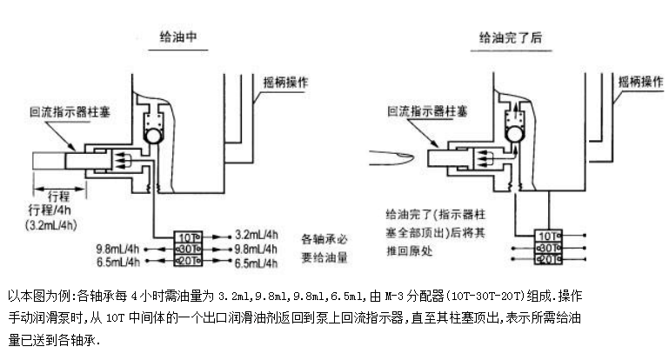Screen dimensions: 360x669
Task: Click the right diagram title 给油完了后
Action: [x=513, y=37]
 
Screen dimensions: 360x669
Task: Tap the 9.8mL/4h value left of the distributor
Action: [x=121, y=249]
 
